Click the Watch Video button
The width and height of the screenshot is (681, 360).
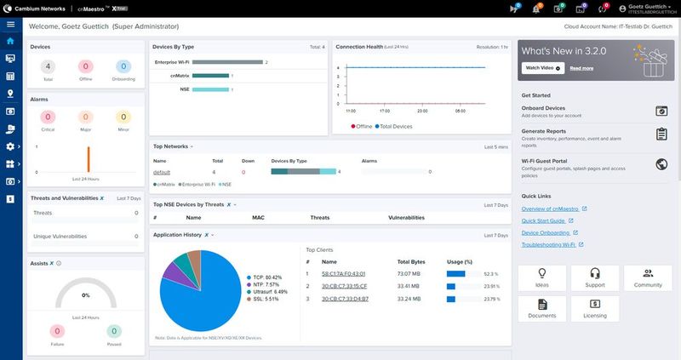pyautogui.click(x=541, y=67)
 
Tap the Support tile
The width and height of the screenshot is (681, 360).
pyautogui.click(x=596, y=278)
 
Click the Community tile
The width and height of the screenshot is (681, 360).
pyautogui.click(x=648, y=278)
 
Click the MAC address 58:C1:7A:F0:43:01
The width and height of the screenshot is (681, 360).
pyautogui.click(x=343, y=273)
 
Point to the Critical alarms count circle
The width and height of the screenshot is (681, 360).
pyautogui.click(x=47, y=117)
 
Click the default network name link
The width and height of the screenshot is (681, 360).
pyautogui.click(x=162, y=172)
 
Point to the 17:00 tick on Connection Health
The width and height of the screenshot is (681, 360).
pyautogui.click(x=385, y=111)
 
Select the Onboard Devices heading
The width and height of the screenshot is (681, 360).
pyautogui.click(x=543, y=108)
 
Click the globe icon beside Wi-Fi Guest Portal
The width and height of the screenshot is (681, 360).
pyautogui.click(x=661, y=164)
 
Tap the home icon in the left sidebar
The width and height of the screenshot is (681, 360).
pyautogui.click(x=10, y=40)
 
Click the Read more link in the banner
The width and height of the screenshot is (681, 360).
pyautogui.click(x=581, y=67)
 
